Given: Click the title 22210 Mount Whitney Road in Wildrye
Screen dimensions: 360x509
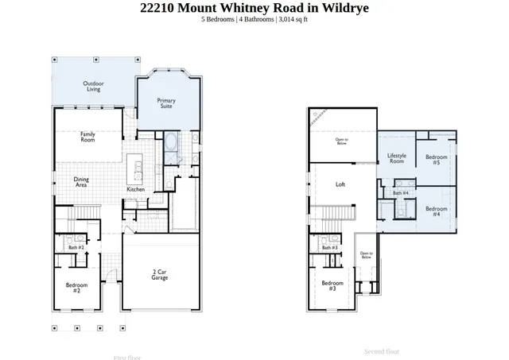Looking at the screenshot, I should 254,8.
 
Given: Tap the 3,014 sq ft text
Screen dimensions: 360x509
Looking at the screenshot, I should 292,19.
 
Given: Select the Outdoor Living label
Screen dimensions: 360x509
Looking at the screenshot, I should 95,86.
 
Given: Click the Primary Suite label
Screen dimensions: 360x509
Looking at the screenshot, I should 166,103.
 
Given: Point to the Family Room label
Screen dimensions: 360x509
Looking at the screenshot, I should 87,137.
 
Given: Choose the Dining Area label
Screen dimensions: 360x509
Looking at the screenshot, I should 81,181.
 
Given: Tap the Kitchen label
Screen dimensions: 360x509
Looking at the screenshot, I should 136,189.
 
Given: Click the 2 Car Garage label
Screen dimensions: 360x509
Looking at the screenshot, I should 160,275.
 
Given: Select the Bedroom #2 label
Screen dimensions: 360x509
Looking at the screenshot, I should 76,287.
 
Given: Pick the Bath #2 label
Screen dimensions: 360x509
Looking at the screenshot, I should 76,247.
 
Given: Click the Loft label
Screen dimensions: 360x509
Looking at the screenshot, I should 340,184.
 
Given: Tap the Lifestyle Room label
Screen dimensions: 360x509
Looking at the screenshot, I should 396,157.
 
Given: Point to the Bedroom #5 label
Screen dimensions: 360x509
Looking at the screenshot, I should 436,159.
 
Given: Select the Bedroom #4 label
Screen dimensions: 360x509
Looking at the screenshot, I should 436,211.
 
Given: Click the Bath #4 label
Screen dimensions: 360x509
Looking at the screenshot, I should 401,192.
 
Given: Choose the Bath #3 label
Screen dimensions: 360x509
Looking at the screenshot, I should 330,247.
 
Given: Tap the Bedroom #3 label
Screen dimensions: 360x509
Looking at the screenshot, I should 332,285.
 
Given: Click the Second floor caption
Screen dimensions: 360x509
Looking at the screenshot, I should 382,351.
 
